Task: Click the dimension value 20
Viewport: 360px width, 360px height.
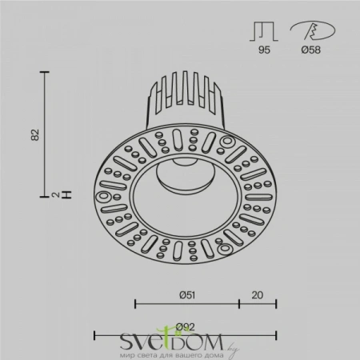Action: (x=257, y=294)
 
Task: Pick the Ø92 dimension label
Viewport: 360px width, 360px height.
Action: (x=186, y=325)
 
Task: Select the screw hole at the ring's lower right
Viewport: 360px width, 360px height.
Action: (x=227, y=250)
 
